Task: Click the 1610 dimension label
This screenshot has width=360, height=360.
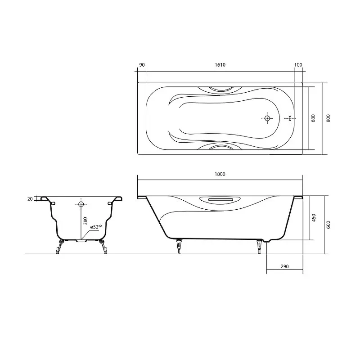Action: pyautogui.click(x=220, y=65)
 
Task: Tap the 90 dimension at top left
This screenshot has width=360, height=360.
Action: pyautogui.click(x=142, y=65)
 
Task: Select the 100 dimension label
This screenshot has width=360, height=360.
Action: pyautogui.click(x=298, y=65)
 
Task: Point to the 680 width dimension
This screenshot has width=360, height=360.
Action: pyautogui.click(x=313, y=118)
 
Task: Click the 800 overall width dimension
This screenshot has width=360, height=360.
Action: pyautogui.click(x=328, y=118)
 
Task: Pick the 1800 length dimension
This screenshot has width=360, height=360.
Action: pyautogui.click(x=220, y=174)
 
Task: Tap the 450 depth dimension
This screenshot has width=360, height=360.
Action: pyautogui.click(x=314, y=218)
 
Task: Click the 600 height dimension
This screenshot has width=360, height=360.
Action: pyautogui.click(x=328, y=225)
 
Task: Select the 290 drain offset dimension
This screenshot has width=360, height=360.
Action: pyautogui.click(x=284, y=266)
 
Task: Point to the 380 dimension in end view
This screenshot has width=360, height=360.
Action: pyautogui.click(x=85, y=221)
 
